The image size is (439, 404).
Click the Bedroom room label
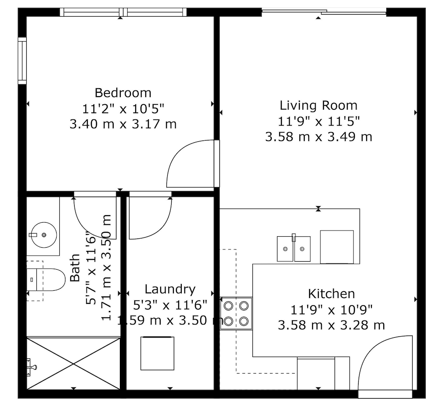[x=123, y=93]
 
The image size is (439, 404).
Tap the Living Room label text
[x=319, y=105]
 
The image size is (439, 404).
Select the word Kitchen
[x=331, y=294]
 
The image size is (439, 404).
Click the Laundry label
[x=170, y=289]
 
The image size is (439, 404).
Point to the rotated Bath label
[x=75, y=267]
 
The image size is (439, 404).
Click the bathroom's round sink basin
[x=44, y=235]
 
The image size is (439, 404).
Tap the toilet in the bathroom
[x=46, y=280]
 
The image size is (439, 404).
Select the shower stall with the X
[x=73, y=364]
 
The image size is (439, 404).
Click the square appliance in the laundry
[x=157, y=353]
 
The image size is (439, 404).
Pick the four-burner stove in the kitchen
[x=236, y=313]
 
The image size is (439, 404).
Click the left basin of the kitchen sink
[x=285, y=249]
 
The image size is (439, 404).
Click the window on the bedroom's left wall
[x=22, y=61]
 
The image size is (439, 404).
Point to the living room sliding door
[x=324, y=12]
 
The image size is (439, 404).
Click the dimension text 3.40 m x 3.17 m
[x=123, y=124]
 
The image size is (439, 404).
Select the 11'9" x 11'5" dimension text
[x=319, y=122]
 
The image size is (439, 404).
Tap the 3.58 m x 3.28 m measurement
[x=331, y=325]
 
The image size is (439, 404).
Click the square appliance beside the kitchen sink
[x=337, y=247]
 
